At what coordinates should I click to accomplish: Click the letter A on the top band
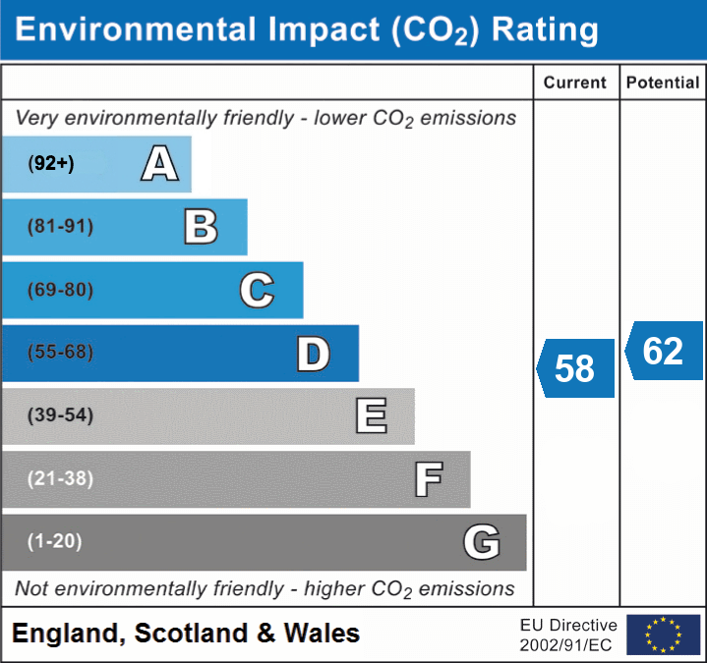[x=159, y=163]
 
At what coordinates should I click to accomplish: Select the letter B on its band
[x=201, y=227]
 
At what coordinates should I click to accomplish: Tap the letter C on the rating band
[x=257, y=290]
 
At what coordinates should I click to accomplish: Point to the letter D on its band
[x=313, y=354]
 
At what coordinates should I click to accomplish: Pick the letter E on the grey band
[x=370, y=416]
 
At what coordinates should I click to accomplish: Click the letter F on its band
[x=428, y=479]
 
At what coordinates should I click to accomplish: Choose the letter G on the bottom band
[x=482, y=542]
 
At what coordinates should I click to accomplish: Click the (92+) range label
[x=51, y=163]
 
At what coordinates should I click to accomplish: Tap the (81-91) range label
[x=61, y=227]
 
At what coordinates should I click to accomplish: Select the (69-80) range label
[x=61, y=290]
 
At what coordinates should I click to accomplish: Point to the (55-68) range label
[x=61, y=353]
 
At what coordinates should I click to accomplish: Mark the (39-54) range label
[x=61, y=415]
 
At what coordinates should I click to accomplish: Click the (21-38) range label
[x=61, y=478]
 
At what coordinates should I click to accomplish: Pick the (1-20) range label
[x=55, y=541]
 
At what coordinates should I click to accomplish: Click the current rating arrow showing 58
[x=576, y=368]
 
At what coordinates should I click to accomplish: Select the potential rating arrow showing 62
[x=664, y=351]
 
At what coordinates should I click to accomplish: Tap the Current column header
[x=575, y=83]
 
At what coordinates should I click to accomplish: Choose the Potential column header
[x=663, y=83]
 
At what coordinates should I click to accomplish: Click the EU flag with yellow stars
[x=663, y=635]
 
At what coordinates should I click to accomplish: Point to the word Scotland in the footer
[x=191, y=634]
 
